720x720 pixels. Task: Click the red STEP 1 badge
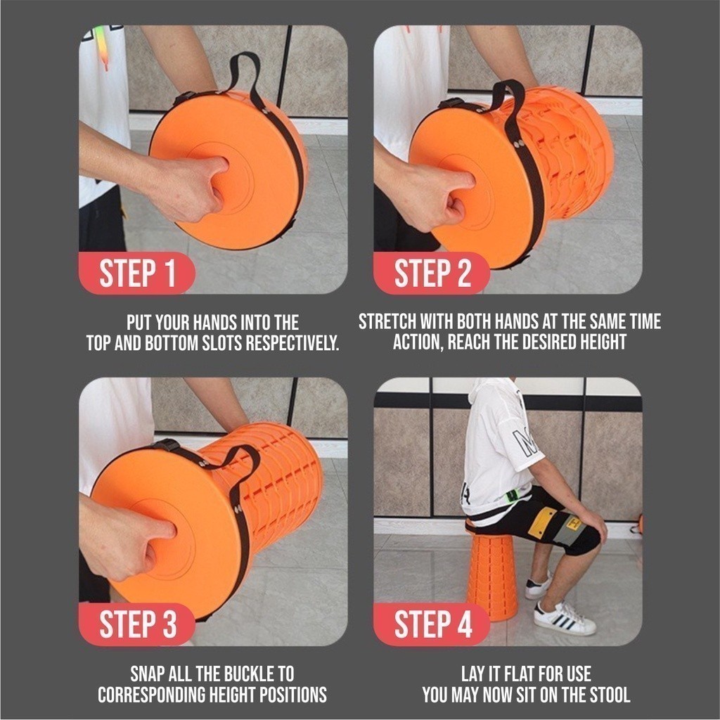(x=137, y=274)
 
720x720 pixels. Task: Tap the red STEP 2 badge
(x=432, y=274)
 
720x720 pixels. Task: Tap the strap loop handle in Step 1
(x=243, y=70)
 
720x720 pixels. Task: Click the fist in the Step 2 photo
(x=429, y=193)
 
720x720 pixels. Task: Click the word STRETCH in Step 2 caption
(x=387, y=322)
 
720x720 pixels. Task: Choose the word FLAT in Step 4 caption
(x=526, y=674)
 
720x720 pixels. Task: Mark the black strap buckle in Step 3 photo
(x=167, y=445)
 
